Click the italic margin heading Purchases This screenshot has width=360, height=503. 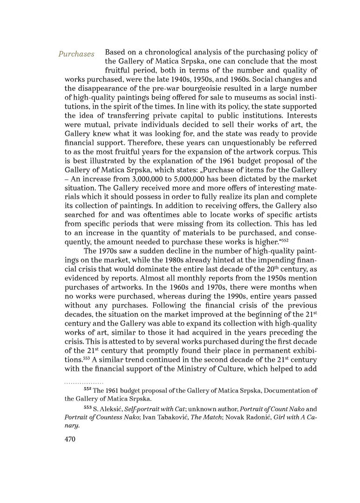point(76,54)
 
